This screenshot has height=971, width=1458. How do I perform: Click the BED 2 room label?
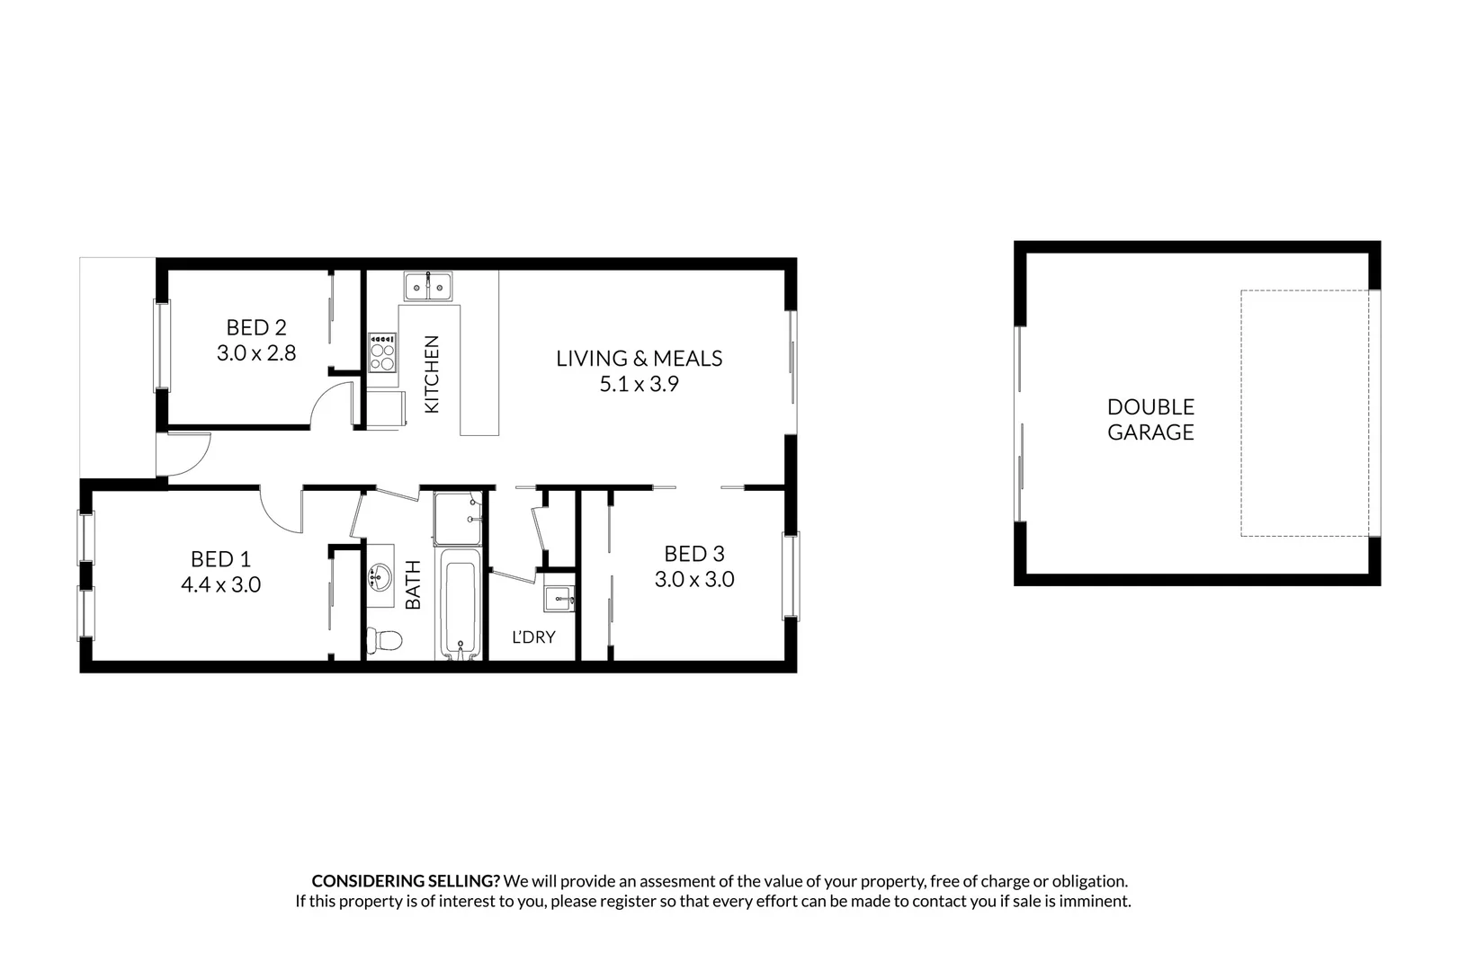pos(255,327)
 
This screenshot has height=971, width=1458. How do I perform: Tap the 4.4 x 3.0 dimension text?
pos(220,585)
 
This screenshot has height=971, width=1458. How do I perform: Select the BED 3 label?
pos(693,554)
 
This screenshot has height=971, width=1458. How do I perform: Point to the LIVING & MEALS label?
pos(639,359)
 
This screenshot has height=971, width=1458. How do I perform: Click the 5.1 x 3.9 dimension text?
pos(639,385)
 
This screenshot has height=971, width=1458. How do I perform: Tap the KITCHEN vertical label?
pos(432,374)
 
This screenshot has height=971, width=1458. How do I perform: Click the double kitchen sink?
pos(428,287)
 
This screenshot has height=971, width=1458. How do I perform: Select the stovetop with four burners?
pos(382,352)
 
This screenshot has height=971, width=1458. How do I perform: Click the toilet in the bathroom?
pos(384,640)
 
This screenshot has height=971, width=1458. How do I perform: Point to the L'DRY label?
pos(533,637)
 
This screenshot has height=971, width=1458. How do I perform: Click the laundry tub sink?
pos(559,598)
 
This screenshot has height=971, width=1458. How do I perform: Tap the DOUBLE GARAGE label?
pos(1150,420)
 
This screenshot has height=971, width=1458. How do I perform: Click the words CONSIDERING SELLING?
pos(406,881)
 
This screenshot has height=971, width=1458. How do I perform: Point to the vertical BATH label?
pos(414,585)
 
